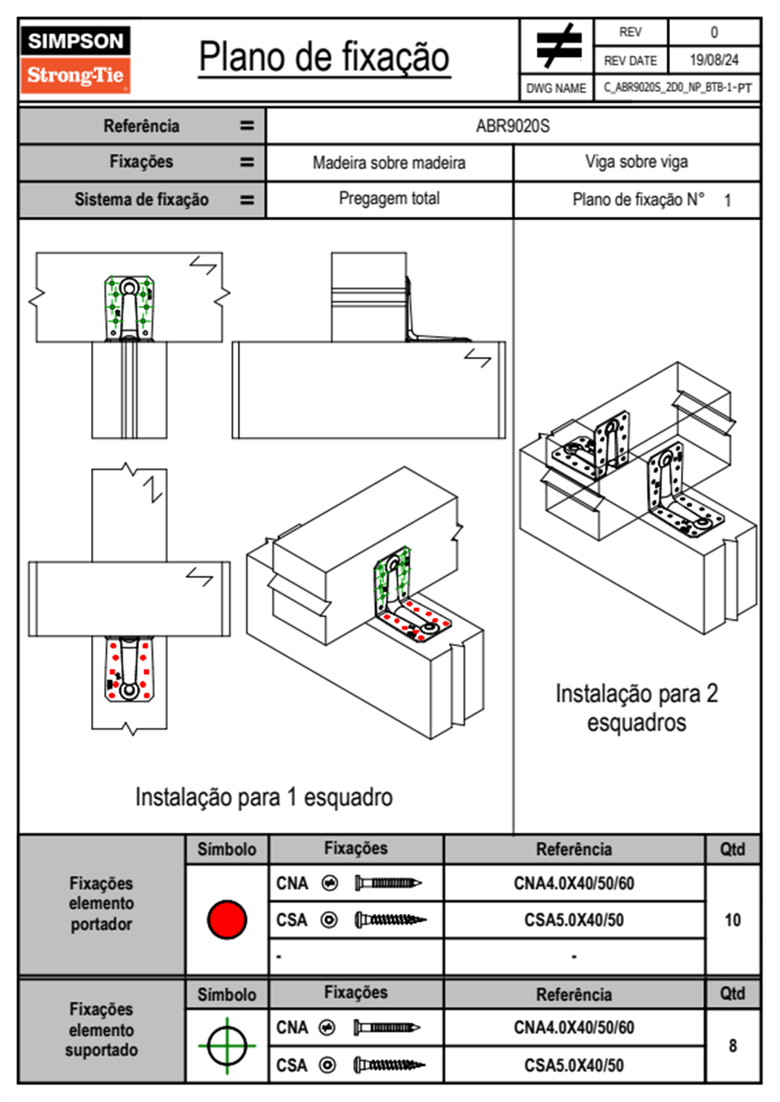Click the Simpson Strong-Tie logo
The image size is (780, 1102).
pos(75,59)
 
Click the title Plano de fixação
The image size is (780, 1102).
pos(324,57)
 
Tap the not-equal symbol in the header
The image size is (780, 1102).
pos(557,46)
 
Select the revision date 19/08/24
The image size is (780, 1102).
pos(714,60)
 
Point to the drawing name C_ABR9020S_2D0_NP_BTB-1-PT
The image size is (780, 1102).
pos(677,88)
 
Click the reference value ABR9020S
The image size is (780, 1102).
pos(513,126)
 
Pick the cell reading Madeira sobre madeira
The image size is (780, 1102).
pos(389,162)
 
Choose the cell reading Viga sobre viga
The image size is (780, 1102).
pos(636,162)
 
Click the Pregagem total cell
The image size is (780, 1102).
pos(389,199)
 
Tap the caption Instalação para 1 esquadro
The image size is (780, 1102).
pos(263,797)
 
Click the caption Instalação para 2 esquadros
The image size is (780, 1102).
pos(636,708)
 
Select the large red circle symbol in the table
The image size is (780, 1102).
pos(227,919)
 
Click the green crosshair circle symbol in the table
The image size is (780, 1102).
pos(227,1046)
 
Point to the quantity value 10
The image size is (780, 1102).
pos(732,920)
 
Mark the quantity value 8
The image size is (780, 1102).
pos(732,1046)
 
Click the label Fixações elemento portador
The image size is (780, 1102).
pos(102,903)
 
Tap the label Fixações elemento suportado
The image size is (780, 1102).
pos(102,1029)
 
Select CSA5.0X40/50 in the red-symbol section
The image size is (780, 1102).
pos(574,920)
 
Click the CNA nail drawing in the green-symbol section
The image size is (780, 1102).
pos(387,1027)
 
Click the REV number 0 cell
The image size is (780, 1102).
pos(714,32)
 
